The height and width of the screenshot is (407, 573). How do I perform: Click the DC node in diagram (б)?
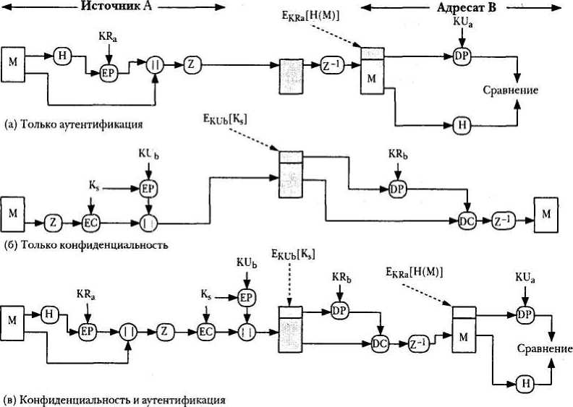pyautogui.click(x=467, y=221)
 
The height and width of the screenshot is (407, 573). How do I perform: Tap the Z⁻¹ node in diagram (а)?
pyautogui.click(x=333, y=66)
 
